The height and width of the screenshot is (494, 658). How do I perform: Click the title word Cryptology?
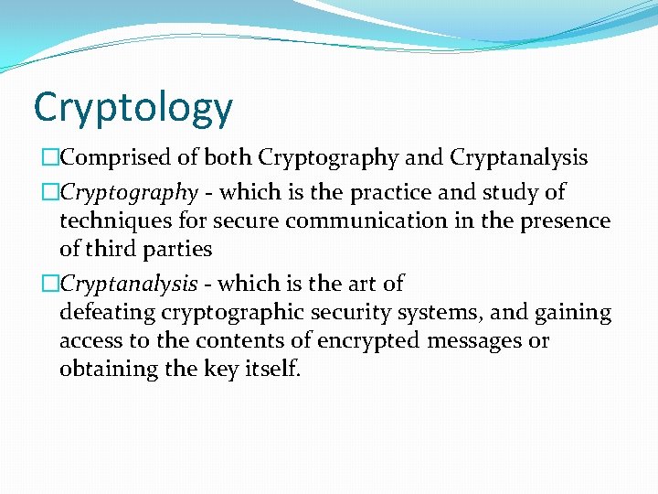(133, 109)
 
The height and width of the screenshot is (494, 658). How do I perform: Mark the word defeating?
(108, 313)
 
